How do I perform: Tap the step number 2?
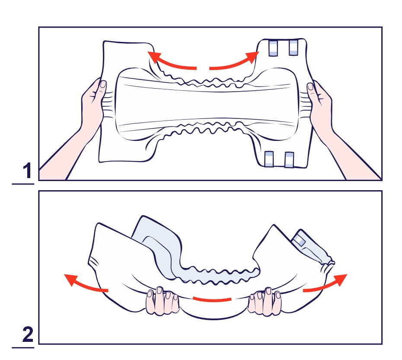(28, 334)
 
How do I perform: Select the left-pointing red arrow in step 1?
(169, 61)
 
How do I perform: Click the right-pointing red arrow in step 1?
(234, 61)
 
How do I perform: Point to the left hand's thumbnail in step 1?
(103, 84)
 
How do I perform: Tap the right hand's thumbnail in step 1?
(310, 86)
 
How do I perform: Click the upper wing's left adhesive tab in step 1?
(273, 48)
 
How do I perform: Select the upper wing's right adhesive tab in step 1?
(294, 48)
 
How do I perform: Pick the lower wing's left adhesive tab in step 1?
(269, 159)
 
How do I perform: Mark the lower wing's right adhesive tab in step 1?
(289, 160)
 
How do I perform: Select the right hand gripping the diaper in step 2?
(264, 301)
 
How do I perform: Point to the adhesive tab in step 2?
(299, 241)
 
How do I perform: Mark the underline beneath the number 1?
(23, 184)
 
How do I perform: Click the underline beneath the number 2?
(23, 348)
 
